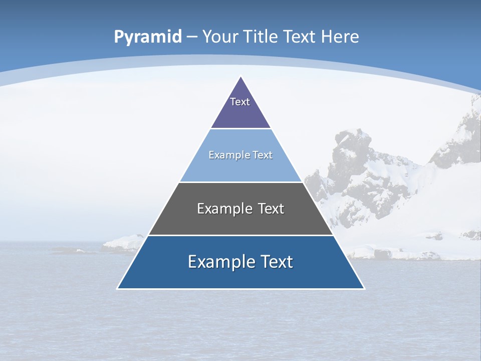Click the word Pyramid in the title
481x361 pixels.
(147, 37)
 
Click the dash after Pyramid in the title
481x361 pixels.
(192, 37)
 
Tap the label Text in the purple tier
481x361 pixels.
(240, 102)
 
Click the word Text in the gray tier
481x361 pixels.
(271, 209)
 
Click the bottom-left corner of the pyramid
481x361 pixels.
(117, 288)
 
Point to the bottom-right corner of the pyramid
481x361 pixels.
(364, 288)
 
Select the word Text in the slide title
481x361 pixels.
(300, 37)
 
